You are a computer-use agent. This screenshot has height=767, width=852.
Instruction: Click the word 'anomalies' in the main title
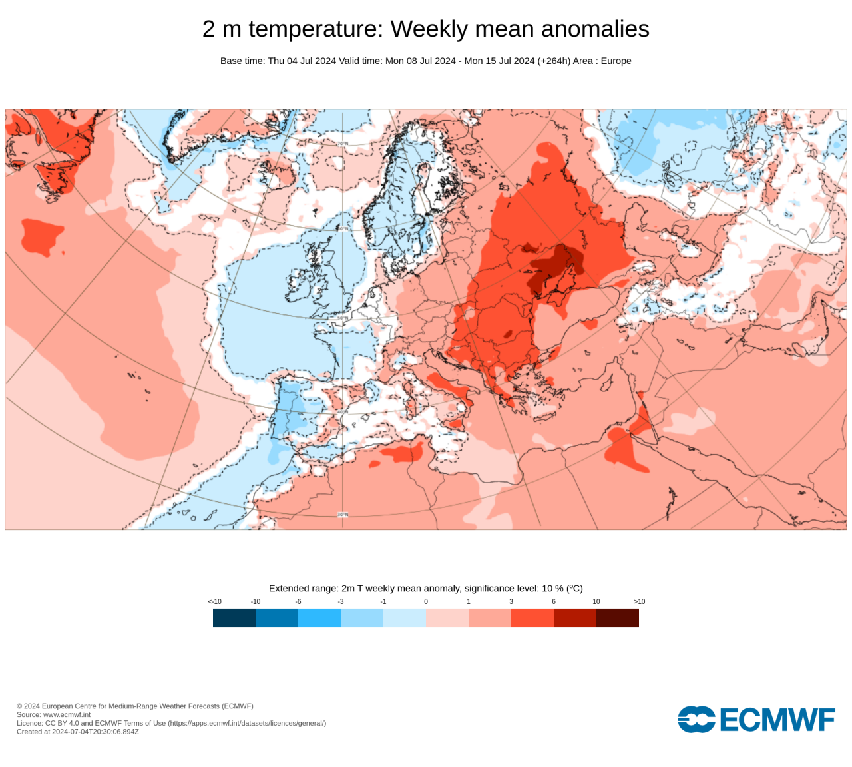595,29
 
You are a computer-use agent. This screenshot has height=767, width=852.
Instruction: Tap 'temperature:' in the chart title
316,29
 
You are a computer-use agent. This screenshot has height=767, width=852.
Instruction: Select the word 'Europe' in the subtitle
616,61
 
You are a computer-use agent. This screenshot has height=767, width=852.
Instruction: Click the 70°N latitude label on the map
343,143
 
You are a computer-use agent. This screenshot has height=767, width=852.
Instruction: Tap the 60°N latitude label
343,229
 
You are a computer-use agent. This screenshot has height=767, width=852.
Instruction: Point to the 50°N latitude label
343,318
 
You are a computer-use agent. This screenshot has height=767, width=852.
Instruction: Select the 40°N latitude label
343,412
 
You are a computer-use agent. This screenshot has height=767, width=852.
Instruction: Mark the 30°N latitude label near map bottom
343,515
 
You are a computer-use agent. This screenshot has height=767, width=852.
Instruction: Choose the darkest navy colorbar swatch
234,618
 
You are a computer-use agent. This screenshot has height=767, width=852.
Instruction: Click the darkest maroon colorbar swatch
618,618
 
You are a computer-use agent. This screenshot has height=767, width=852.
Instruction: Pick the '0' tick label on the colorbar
426,601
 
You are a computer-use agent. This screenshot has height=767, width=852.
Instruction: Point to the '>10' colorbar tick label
639,601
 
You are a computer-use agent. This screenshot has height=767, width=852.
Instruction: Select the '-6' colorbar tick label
298,601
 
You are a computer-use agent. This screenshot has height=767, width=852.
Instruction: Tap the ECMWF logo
756,720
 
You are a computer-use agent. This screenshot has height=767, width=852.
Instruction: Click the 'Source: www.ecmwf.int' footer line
53,714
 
